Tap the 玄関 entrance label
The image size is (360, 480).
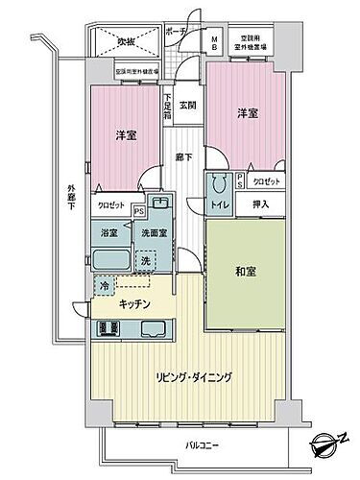click(x=187, y=106)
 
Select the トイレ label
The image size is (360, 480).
click(x=221, y=204)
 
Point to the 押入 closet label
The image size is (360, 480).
click(x=261, y=204)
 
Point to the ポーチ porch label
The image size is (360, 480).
click(x=175, y=30)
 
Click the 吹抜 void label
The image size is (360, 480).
click(x=127, y=41)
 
